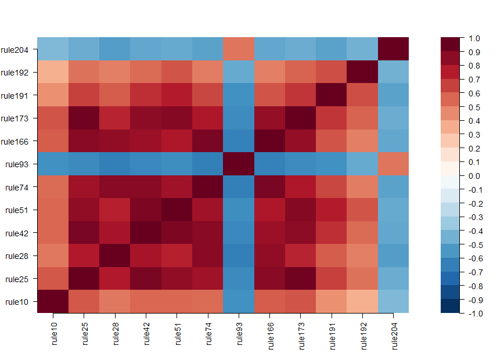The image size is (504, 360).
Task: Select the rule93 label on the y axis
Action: [20, 164]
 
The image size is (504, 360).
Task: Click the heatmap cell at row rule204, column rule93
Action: [238, 49]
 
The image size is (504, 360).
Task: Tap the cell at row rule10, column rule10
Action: [53, 301]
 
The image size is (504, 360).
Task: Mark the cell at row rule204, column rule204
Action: [393, 49]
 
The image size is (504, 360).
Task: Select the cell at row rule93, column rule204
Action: [393, 164]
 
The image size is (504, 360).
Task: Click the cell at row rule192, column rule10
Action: [53, 72]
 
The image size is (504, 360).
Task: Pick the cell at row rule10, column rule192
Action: [362, 301]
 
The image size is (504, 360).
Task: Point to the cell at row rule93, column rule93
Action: [238, 164]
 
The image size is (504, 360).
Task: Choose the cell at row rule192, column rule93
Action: [238, 72]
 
